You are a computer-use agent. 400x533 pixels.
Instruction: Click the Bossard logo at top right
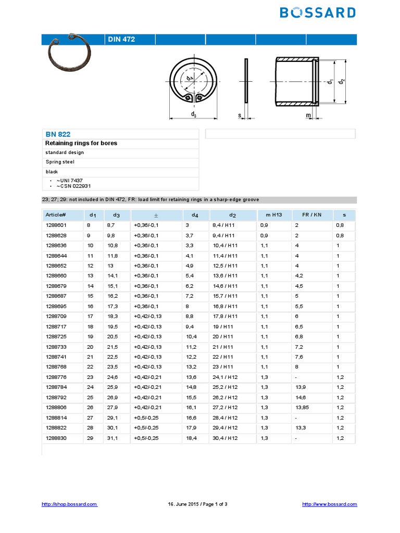tap(318, 12)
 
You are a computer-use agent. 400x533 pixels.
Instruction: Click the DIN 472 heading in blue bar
tap(121, 40)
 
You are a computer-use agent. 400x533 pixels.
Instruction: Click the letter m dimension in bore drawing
tap(308, 115)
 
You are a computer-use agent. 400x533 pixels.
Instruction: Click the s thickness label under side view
tap(240, 115)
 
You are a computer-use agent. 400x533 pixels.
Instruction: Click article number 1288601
tap(56, 225)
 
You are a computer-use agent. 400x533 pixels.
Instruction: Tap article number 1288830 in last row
tap(56, 438)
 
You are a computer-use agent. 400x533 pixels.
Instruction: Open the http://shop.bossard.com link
tap(69, 504)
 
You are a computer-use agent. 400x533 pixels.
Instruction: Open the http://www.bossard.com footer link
tap(330, 504)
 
